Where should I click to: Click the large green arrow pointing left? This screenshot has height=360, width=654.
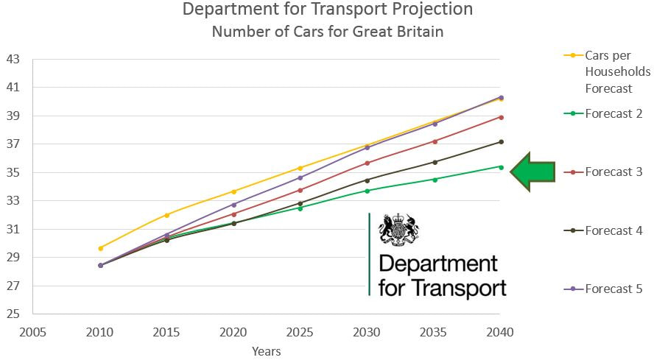532,172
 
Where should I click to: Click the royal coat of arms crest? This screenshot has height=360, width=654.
398,230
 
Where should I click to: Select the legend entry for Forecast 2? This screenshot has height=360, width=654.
613,113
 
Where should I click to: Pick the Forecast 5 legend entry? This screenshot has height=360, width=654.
613,289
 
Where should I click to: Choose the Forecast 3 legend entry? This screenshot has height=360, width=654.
613,172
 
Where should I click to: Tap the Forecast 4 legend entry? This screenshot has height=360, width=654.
613,230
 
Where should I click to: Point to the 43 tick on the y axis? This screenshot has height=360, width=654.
13,59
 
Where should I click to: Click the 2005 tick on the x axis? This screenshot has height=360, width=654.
32,331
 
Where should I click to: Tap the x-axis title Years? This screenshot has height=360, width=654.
266,351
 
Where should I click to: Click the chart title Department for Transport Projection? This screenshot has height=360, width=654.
328,10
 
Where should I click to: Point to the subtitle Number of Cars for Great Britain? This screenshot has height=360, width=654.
328,32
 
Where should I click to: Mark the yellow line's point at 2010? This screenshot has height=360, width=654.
100,248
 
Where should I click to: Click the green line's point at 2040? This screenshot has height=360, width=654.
502,167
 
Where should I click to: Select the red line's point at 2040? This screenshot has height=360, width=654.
502,117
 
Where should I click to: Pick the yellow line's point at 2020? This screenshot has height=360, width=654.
234,191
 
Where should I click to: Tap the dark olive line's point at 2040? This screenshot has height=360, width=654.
502,141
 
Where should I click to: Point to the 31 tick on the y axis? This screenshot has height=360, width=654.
13,229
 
